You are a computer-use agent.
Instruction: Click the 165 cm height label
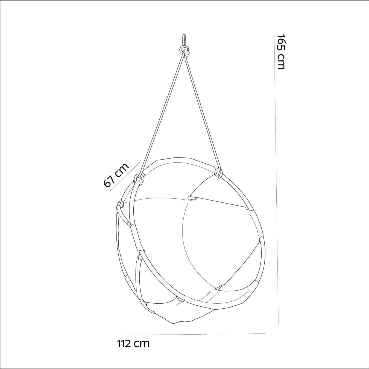[281, 52]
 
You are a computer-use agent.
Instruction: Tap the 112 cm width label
[133, 343]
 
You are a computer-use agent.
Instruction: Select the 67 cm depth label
[116, 175]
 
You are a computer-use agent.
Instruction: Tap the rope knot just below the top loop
[185, 51]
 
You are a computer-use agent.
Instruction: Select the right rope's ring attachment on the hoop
[219, 173]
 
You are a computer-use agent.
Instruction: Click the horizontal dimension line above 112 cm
[191, 334]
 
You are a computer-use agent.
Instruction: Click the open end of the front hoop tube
[181, 298]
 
